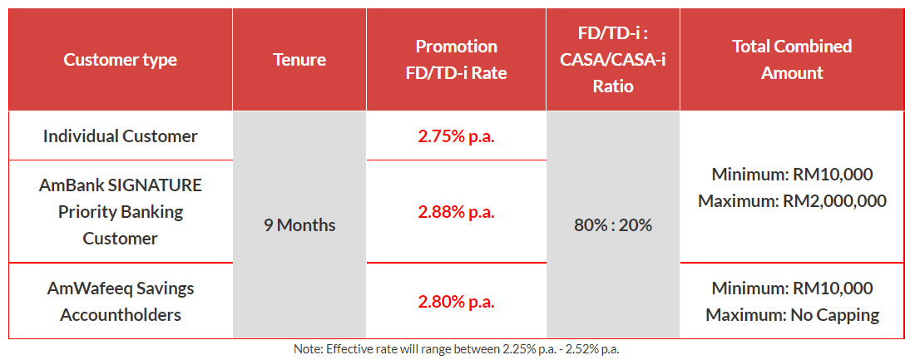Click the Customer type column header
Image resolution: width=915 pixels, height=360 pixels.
pyautogui.click(x=121, y=60)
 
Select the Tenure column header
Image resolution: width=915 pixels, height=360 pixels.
pyautogui.click(x=299, y=60)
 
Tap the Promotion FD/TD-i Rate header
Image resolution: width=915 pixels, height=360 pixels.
pyautogui.click(x=456, y=60)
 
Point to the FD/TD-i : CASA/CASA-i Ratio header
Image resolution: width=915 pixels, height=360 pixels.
pyautogui.click(x=612, y=60)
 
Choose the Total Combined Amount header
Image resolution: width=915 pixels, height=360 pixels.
pyautogui.click(x=792, y=60)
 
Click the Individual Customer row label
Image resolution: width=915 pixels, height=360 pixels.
pyautogui.click(x=121, y=136)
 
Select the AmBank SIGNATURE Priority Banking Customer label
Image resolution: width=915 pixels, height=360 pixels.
pyautogui.click(x=121, y=211)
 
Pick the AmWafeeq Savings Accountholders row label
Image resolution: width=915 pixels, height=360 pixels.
pyautogui.click(x=121, y=302)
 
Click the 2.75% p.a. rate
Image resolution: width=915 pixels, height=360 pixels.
pyautogui.click(x=456, y=136)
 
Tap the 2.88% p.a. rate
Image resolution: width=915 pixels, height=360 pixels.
pyautogui.click(x=456, y=211)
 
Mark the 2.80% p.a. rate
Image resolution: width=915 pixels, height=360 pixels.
pyautogui.click(x=456, y=302)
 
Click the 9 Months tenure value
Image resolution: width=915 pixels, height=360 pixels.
pyautogui.click(x=299, y=225)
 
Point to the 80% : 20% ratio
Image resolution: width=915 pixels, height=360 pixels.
pyautogui.click(x=612, y=225)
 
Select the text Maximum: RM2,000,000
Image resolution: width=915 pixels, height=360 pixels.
pyautogui.click(x=792, y=201)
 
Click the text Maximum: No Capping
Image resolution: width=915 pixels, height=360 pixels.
pyautogui.click(x=792, y=315)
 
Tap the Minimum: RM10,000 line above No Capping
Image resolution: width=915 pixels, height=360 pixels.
pyautogui.click(x=792, y=288)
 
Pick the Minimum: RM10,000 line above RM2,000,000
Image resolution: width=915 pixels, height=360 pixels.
pyautogui.click(x=792, y=175)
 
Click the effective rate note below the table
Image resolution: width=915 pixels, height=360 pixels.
pyautogui.click(x=457, y=349)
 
